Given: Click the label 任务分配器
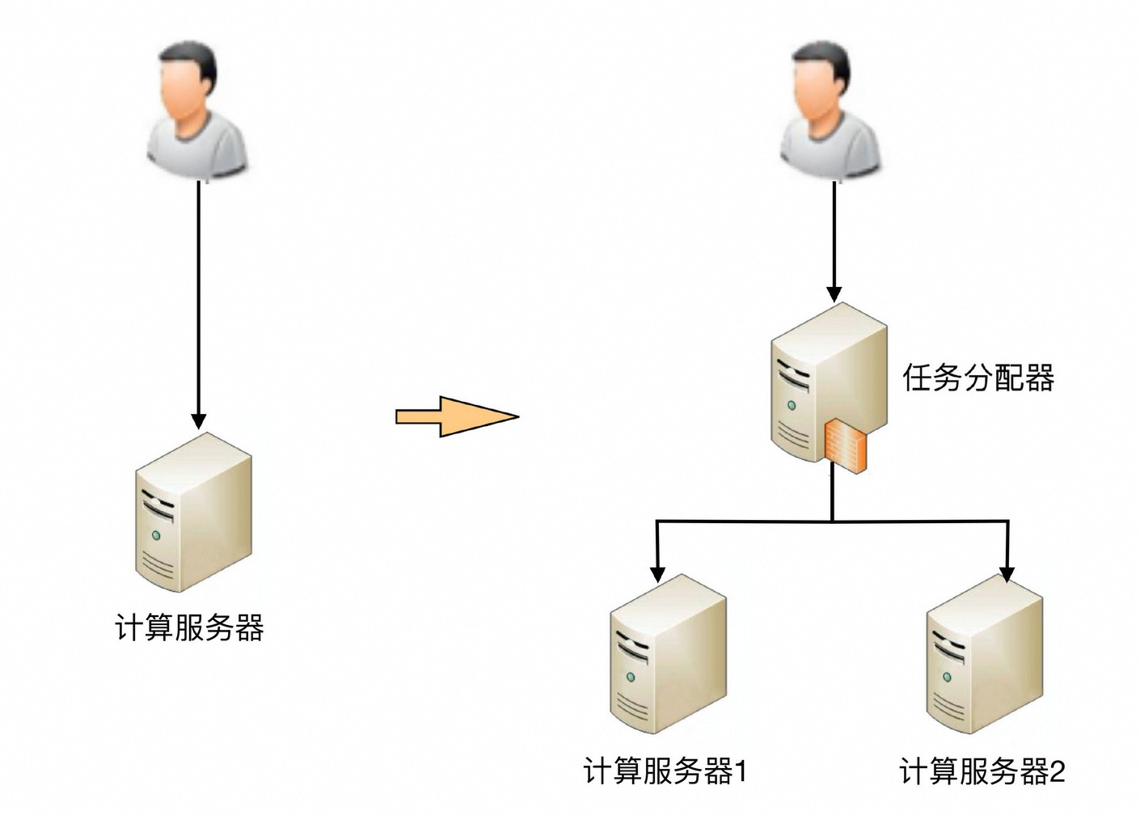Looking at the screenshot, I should [978, 378].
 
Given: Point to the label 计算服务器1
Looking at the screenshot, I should [665, 771].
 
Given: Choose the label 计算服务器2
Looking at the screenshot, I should [982, 771].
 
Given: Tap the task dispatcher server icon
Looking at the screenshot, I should [825, 380].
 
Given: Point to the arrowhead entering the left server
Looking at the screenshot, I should [199, 420].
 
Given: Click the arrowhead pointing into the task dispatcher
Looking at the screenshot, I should [834, 293].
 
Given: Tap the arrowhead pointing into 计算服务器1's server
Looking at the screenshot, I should [657, 573].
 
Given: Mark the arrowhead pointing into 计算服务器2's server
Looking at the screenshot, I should [1007, 573].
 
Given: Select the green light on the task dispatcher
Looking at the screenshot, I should [792, 405].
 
